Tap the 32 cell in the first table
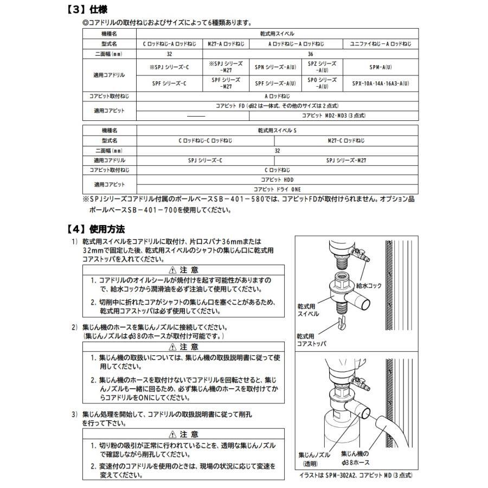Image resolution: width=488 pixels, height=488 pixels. coord(169,53)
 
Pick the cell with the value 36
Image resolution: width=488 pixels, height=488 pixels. coord(310,53)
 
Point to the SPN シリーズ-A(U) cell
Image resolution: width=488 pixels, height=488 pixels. coord(275,67)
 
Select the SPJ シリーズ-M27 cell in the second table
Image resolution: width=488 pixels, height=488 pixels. coord(346,160)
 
